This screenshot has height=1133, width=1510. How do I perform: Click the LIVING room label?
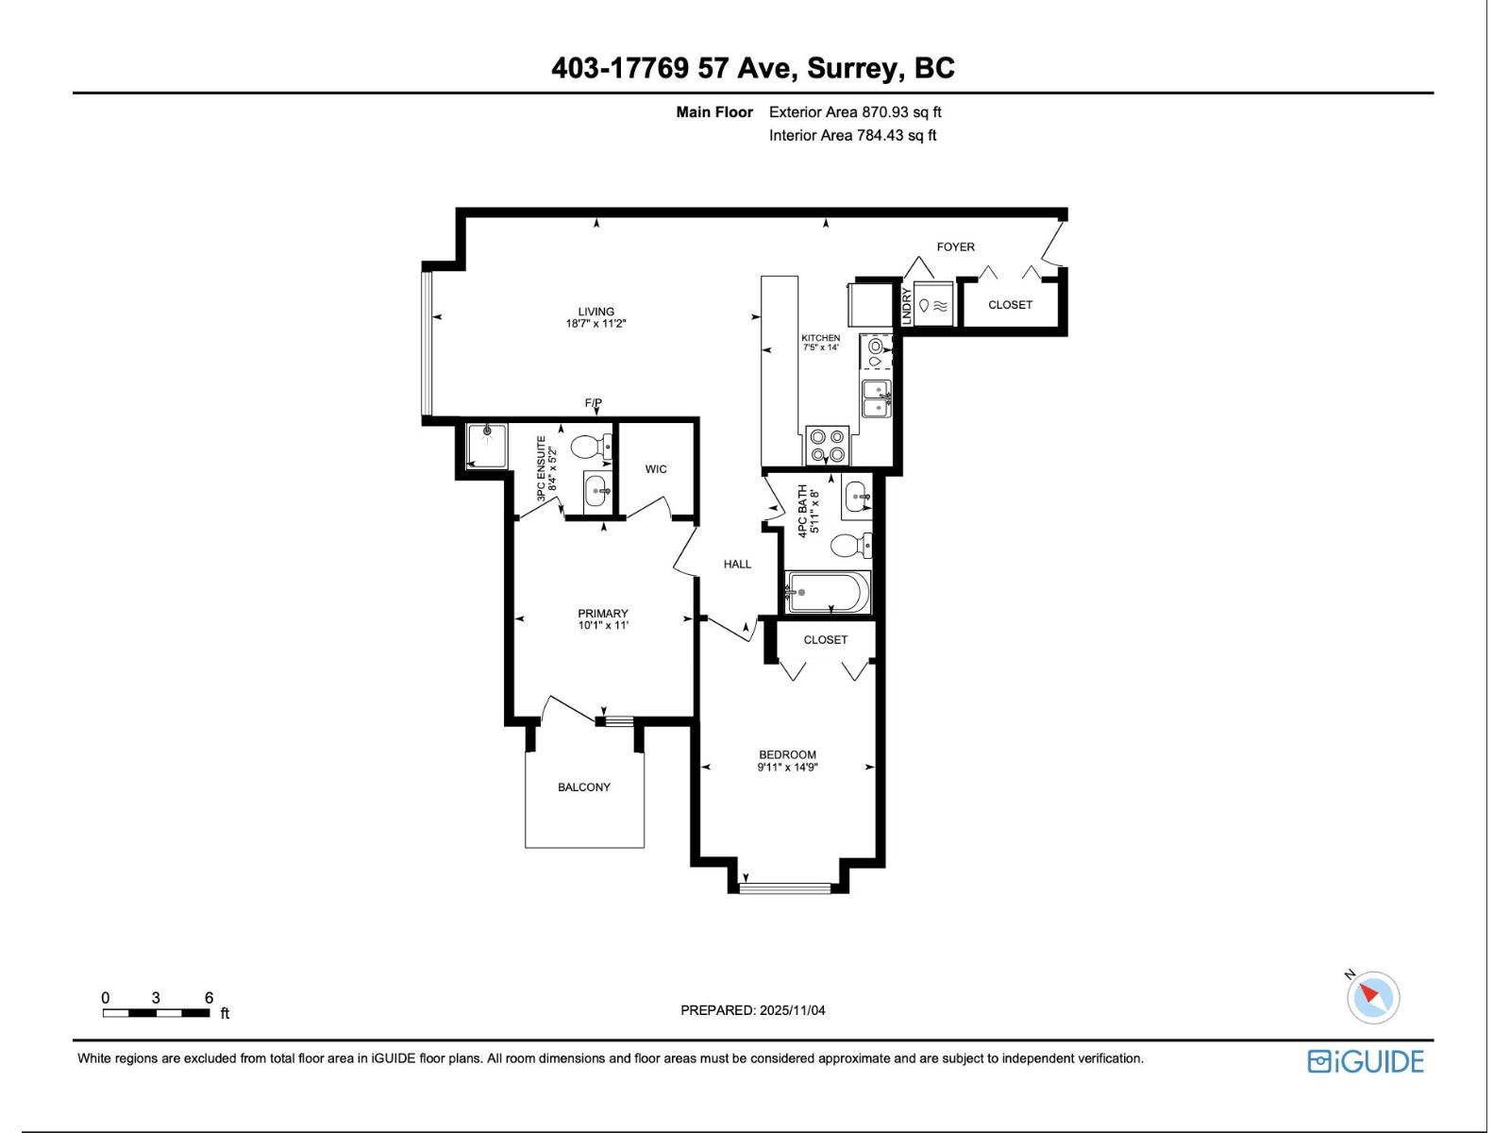596,312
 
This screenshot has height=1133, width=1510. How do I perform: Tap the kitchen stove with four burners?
828,446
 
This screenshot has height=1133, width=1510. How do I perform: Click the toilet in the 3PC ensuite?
594,446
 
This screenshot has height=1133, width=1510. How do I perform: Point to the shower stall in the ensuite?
487,446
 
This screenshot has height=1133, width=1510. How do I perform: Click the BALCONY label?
583,786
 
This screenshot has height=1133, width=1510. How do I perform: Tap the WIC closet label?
656,469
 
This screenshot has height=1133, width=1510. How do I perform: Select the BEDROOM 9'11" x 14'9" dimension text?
787,768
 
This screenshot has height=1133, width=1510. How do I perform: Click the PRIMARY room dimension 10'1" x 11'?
603,625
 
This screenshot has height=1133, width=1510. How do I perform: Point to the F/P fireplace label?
593,403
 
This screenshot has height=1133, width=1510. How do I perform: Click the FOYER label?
955,246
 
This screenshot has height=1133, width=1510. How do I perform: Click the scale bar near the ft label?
157,1013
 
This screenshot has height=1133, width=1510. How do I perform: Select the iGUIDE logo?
1366,1061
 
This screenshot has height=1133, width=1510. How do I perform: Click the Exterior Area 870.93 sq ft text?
855,112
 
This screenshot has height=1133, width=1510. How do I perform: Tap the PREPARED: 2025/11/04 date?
752,1010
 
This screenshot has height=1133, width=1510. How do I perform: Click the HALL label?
737,564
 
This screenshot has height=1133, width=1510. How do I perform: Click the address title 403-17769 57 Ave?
752,68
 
